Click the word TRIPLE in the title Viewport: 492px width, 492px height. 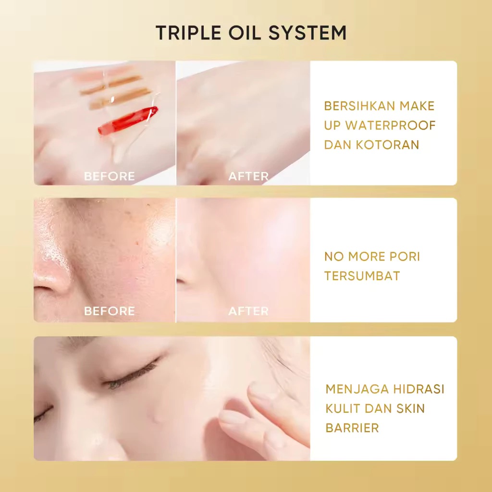(x=188, y=33)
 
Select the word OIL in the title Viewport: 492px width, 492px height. (x=245, y=33)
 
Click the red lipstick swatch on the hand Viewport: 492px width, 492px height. (x=128, y=120)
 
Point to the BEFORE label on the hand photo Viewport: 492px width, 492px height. (x=110, y=176)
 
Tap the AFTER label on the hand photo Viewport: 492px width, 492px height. (x=248, y=176)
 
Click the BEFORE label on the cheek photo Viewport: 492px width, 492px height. (x=110, y=311)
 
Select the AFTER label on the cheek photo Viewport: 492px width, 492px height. (x=248, y=311)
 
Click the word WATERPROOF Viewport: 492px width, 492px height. (x=390, y=125)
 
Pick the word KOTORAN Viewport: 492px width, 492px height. (x=388, y=145)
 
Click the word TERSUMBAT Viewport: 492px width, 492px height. (x=362, y=276)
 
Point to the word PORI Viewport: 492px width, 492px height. (x=405, y=257)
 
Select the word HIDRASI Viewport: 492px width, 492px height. (x=418, y=389)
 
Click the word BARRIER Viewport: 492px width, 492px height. (x=352, y=428)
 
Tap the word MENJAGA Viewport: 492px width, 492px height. (x=357, y=389)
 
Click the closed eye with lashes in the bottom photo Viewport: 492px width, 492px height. (x=132, y=375)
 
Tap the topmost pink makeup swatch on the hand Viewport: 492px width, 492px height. (x=104, y=74)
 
